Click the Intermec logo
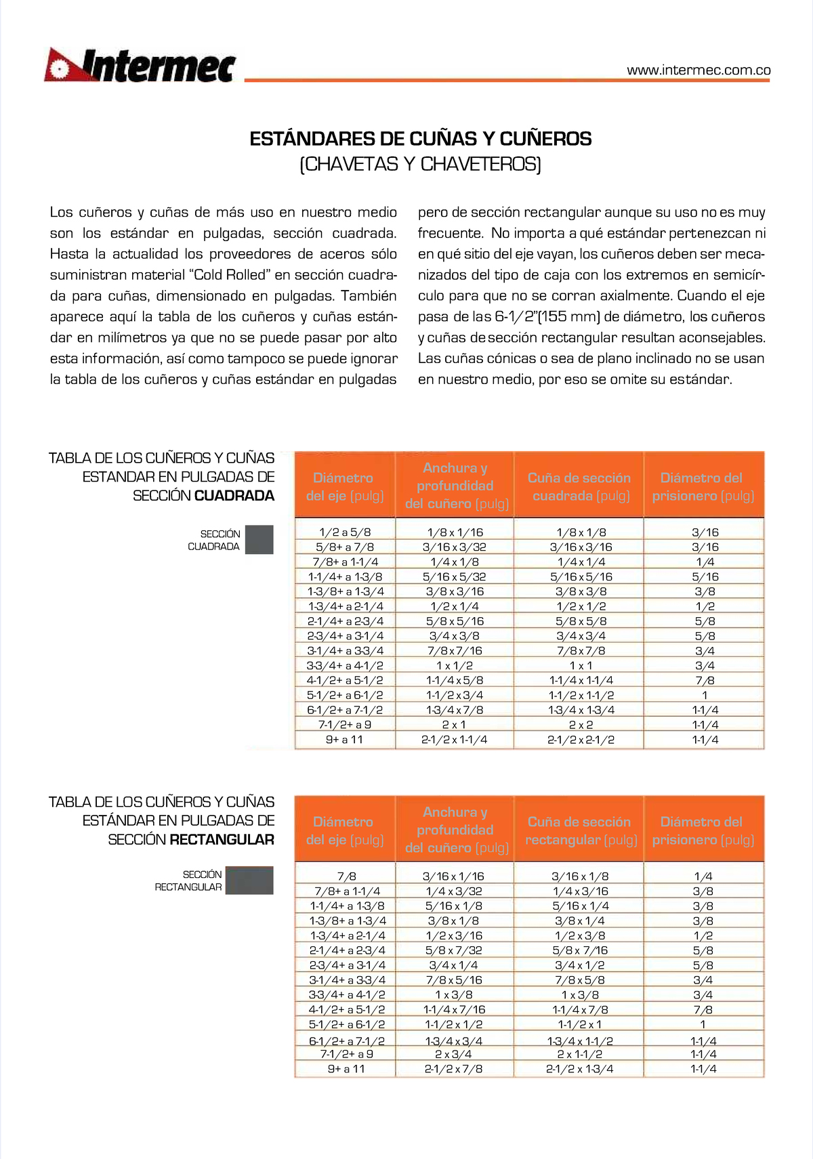point(140,66)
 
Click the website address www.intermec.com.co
point(699,70)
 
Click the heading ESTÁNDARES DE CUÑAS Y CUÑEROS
point(420,139)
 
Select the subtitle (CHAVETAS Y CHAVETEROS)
point(420,164)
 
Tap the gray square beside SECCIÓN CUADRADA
point(259,540)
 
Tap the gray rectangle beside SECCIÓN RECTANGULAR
point(249,880)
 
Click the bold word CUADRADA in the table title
point(234,496)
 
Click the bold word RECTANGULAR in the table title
point(222,840)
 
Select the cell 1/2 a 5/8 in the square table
point(345,532)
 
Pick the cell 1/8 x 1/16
point(455,532)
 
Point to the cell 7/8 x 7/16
point(455,651)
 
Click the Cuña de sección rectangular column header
point(581,830)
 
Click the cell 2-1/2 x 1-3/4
point(579,1069)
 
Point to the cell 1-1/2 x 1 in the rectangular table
point(579,1024)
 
